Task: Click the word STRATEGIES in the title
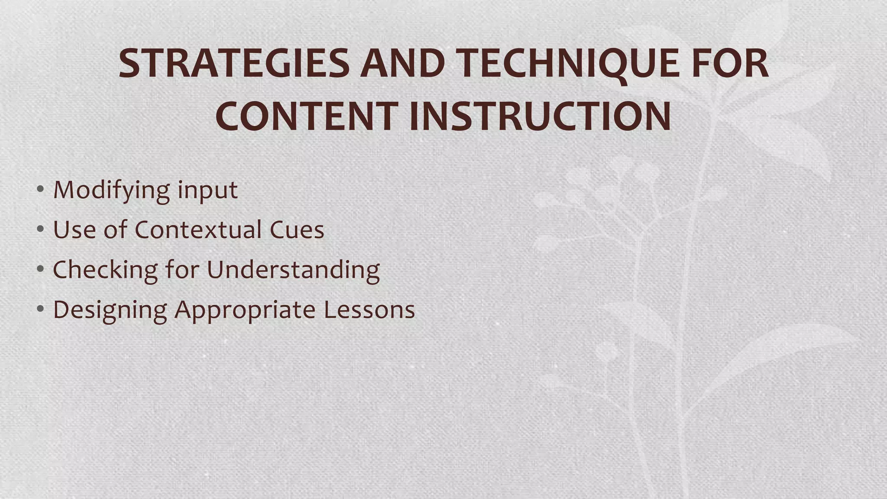[x=234, y=63]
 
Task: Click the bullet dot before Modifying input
[x=40, y=189]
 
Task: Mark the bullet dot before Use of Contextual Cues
[x=40, y=229]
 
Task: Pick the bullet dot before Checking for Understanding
[x=40, y=269]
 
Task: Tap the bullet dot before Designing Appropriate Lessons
[x=40, y=308]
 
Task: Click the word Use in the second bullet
[x=74, y=230]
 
